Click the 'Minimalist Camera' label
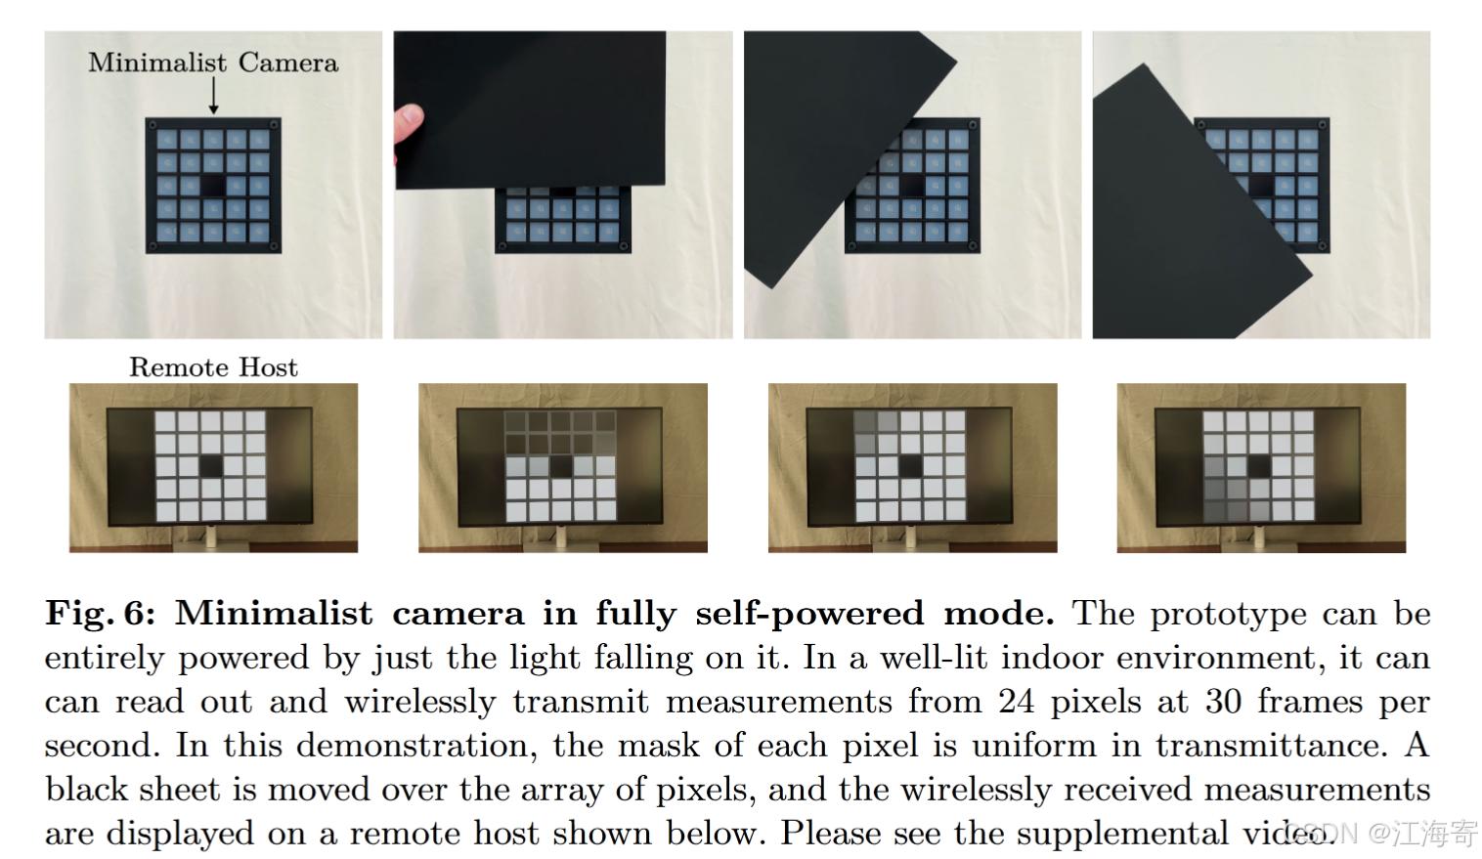pos(213,63)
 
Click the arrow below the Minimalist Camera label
pos(213,95)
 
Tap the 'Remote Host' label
pos(213,367)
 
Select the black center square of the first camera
pos(213,185)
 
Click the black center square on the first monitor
pos(211,466)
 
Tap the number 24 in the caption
pos(1016,702)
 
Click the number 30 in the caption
pos(1223,702)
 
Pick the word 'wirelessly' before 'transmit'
pos(419,703)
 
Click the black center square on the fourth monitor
pos(1259,466)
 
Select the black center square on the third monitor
pos(910,466)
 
